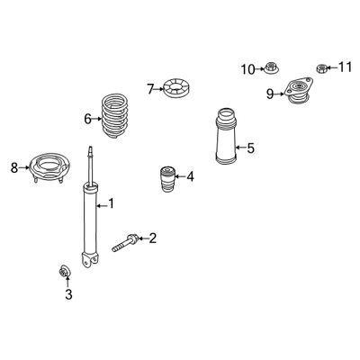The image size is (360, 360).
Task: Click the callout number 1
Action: coord(112,203)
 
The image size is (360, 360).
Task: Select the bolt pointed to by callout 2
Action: coord(125,243)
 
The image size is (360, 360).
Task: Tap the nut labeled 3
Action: coord(65,272)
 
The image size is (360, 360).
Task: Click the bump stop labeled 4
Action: coord(166,179)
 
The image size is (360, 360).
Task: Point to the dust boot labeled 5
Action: coord(226,137)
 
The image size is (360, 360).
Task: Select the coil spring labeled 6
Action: coord(115,116)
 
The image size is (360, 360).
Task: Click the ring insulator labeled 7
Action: coord(177,87)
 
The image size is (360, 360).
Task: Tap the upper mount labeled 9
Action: coord(298,91)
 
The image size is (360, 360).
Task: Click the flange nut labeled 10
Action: coord(271,67)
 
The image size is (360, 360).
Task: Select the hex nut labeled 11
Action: coord(321,68)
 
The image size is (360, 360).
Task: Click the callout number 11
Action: coord(345,67)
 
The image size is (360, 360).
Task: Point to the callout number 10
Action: coord(248,69)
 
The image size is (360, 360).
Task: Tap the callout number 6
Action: coord(87,119)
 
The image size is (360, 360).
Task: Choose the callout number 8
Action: coord(14,167)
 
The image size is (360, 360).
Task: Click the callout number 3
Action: coord(68,294)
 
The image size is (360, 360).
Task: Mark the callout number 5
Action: coord(250,148)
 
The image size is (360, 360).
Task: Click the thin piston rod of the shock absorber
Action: coord(90,166)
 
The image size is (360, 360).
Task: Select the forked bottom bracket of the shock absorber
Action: coord(90,259)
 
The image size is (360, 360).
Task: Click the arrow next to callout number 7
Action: coord(159,89)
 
